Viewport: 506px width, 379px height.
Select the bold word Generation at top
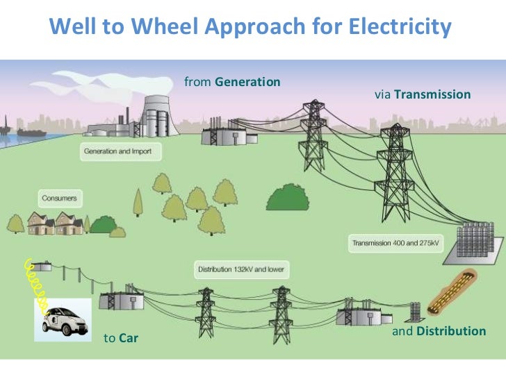[247, 82]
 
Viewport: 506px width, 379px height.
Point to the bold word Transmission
[432, 94]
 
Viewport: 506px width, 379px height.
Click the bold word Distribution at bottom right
[450, 331]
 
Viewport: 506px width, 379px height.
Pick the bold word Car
[129, 339]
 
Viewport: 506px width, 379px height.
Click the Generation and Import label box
[122, 151]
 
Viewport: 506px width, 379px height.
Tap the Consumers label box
[58, 199]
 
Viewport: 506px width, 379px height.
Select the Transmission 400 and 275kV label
[395, 243]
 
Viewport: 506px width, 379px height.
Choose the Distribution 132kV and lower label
[241, 269]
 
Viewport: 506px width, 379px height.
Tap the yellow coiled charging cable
[36, 285]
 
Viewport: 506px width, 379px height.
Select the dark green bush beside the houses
[104, 224]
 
